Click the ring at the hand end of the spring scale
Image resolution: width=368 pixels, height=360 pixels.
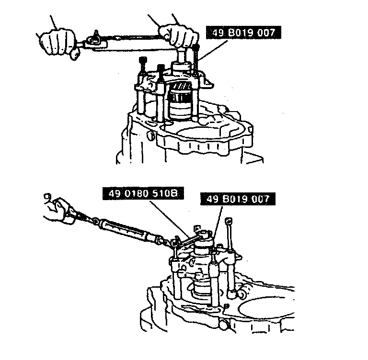pyautogui.click(x=47, y=196)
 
